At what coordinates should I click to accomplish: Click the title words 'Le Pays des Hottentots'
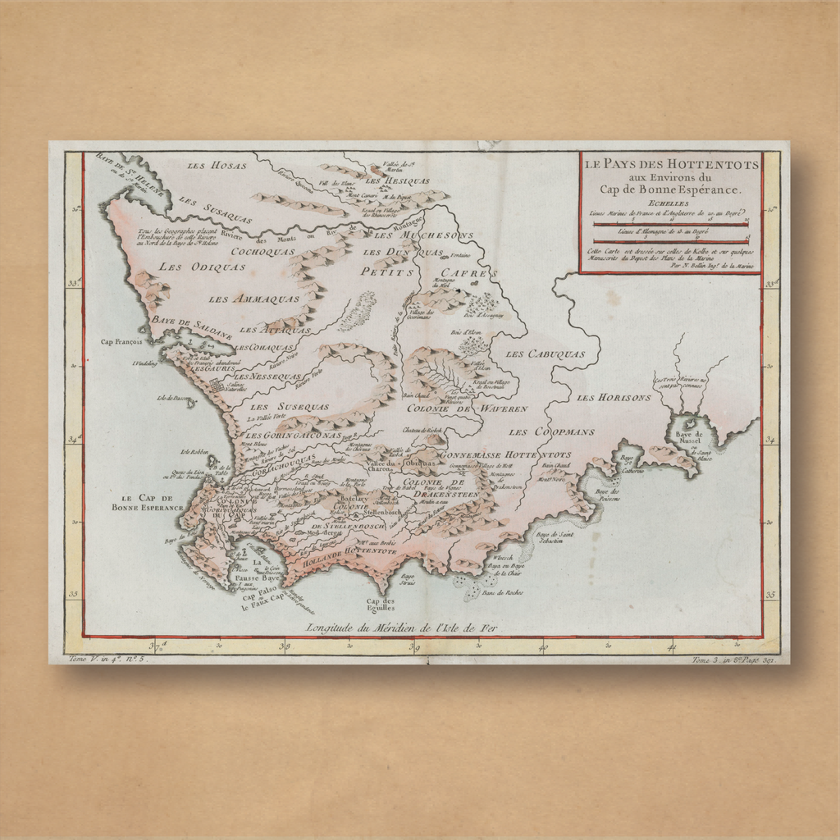click(x=671, y=164)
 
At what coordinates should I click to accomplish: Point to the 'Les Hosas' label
click(x=217, y=166)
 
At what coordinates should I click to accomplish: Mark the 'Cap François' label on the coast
click(x=121, y=342)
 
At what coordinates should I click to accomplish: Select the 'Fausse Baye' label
click(x=258, y=577)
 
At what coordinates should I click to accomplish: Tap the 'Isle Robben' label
click(x=197, y=451)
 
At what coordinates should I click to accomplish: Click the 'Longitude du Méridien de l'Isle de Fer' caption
click(x=401, y=628)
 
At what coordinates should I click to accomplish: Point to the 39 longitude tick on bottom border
click(x=413, y=647)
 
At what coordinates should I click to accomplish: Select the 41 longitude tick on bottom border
click(x=671, y=647)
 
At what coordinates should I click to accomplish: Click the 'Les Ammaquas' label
click(x=242, y=299)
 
